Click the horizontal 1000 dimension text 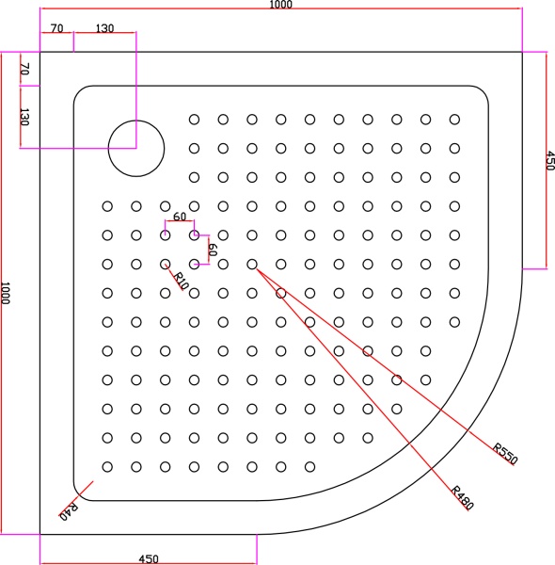(x=280, y=5)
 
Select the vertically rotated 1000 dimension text (x=7, y=292)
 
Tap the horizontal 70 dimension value (x=56, y=28)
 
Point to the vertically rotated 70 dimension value (x=25, y=69)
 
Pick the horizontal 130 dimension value (x=104, y=28)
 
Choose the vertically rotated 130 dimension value (x=25, y=117)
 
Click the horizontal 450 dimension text (x=148, y=558)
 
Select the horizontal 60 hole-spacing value (x=179, y=218)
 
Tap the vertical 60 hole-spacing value (x=213, y=250)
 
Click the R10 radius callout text (x=182, y=280)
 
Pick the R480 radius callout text (x=462, y=497)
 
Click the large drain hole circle (x=136, y=148)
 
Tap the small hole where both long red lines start (x=252, y=265)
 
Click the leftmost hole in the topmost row (x=195, y=120)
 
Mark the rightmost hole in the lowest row (x=310, y=467)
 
